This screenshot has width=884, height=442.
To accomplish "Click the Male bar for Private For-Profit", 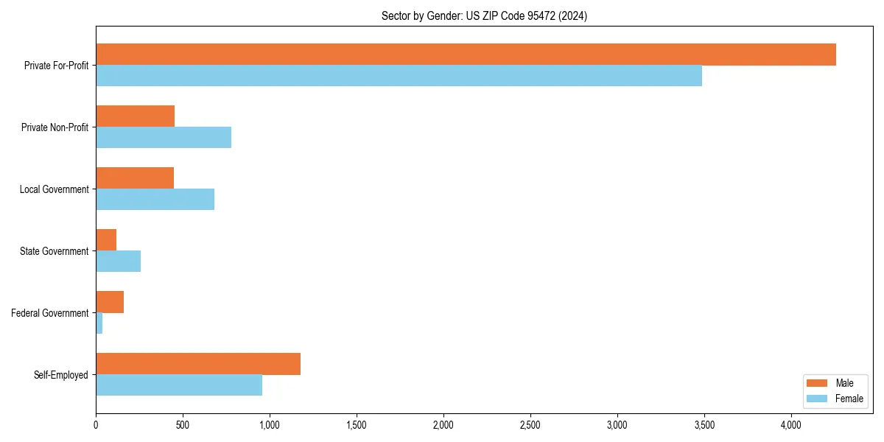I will point(466,55).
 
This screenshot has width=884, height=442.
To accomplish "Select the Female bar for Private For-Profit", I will point(399,76).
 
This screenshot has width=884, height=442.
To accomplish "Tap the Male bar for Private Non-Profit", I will point(135,116).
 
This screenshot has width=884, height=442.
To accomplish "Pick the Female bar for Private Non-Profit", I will point(164,138).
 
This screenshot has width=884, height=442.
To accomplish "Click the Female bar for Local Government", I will point(155,200).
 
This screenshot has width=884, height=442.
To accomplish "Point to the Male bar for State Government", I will point(106,240).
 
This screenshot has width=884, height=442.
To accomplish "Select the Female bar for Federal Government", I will point(99,323).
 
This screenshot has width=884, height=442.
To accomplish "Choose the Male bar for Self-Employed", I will point(198,364).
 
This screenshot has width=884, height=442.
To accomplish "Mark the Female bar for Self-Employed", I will point(179,385).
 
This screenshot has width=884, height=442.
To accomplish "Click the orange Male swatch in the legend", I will point(818,383).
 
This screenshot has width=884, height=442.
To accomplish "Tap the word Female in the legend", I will point(849,399).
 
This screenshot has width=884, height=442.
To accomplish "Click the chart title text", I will point(484,15).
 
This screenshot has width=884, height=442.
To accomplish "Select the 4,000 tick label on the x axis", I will point(790,425).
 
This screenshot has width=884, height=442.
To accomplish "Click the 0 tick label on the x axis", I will point(96,425).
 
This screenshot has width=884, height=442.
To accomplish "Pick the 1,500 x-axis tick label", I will point(357,425).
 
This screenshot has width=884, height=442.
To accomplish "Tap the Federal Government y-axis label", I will point(50,313).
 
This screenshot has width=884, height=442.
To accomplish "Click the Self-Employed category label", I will point(61,375).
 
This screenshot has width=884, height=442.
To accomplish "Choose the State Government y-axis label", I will point(55,251).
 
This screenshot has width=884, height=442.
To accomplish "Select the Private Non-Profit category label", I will point(55,127).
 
